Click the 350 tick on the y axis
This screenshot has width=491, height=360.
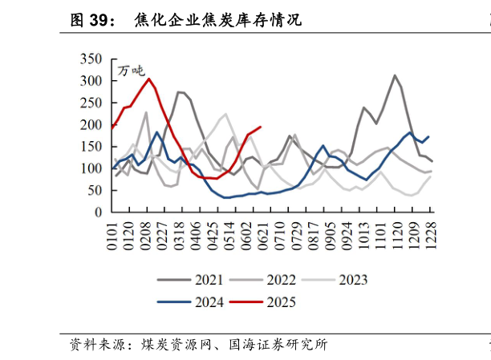coord(91,59)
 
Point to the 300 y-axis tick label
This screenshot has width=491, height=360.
coord(91,81)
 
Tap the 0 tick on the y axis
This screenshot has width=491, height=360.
coord(99,212)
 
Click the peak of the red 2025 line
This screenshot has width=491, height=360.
coord(149,79)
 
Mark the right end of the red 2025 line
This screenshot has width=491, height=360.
coord(261,127)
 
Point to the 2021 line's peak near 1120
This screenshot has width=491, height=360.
coord(395,75)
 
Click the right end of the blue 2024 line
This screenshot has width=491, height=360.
coord(428,136)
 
